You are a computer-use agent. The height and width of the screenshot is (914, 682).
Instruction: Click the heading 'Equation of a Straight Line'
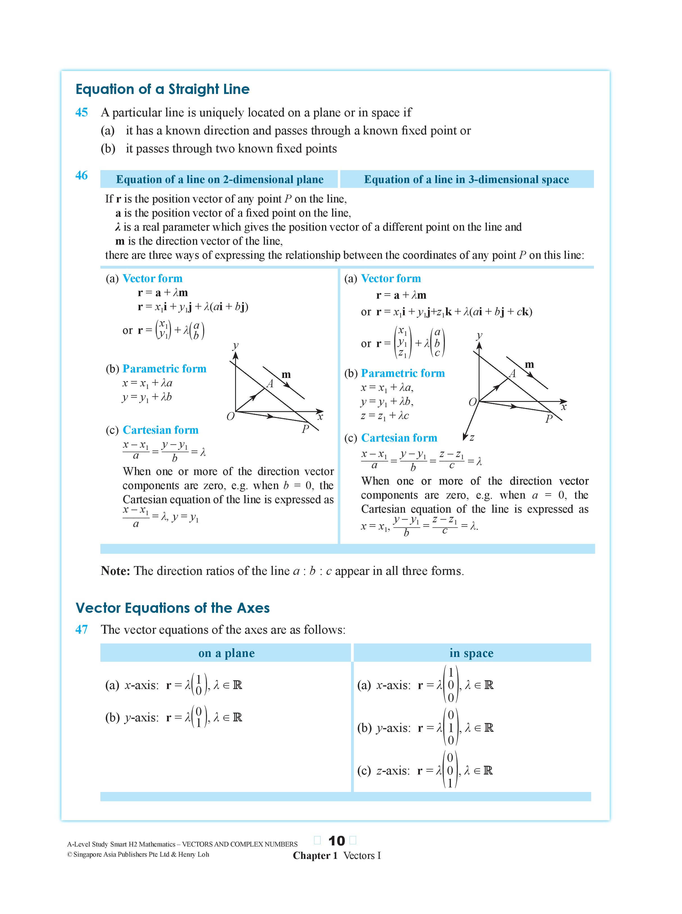pyautogui.click(x=162, y=89)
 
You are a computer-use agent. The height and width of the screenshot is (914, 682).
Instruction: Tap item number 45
pyautogui.click(x=81, y=112)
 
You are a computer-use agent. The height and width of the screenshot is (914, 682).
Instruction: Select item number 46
pyautogui.click(x=81, y=175)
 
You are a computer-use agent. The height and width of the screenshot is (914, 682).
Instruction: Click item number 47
pyautogui.click(x=81, y=630)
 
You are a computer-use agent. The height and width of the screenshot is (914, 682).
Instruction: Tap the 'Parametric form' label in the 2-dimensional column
pyautogui.click(x=164, y=369)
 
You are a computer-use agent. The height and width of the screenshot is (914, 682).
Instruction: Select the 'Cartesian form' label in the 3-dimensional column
pyautogui.click(x=399, y=438)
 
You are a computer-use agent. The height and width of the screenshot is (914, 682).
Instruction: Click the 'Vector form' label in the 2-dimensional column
pyautogui.click(x=152, y=279)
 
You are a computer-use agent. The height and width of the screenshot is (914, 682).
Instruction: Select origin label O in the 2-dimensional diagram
pyautogui.click(x=230, y=417)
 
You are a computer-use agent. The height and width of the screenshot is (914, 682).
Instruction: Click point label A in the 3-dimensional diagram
pyautogui.click(x=512, y=373)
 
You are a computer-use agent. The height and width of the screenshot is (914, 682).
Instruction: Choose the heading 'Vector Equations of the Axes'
pyautogui.click(x=173, y=608)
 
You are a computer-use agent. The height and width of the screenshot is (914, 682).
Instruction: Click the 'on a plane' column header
pyautogui.click(x=226, y=653)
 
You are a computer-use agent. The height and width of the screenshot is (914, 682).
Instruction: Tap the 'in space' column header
pyautogui.click(x=471, y=653)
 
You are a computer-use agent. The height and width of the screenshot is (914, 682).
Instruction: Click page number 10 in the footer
pyautogui.click(x=336, y=841)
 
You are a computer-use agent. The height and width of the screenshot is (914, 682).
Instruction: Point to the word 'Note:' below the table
pyautogui.click(x=115, y=571)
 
